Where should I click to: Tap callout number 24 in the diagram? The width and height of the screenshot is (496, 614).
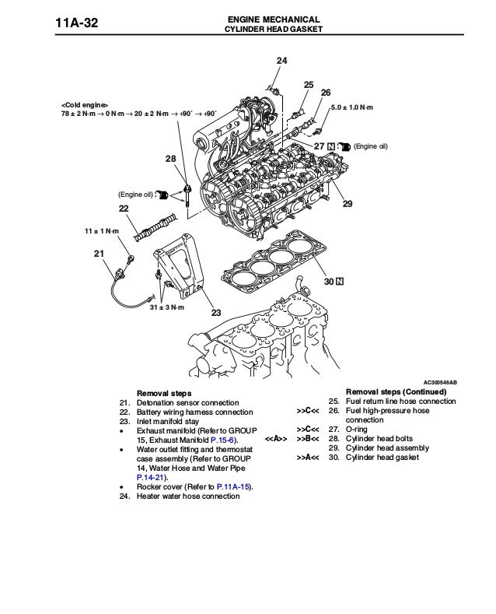coord(281,61)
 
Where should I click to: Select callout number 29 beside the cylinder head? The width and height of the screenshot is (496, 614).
coord(347,204)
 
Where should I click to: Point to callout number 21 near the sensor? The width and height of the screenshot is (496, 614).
coord(98,254)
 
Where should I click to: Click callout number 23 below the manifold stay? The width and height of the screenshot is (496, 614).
coord(216,313)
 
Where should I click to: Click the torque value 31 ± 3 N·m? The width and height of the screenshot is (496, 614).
coord(167,307)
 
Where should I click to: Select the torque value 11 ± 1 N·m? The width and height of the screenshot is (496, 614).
coord(101,231)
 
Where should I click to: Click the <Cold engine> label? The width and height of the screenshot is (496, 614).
coord(86,104)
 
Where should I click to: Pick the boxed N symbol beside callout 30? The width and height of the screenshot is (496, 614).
coord(341,280)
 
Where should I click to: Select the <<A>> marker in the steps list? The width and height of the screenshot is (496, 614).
coord(276,439)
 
